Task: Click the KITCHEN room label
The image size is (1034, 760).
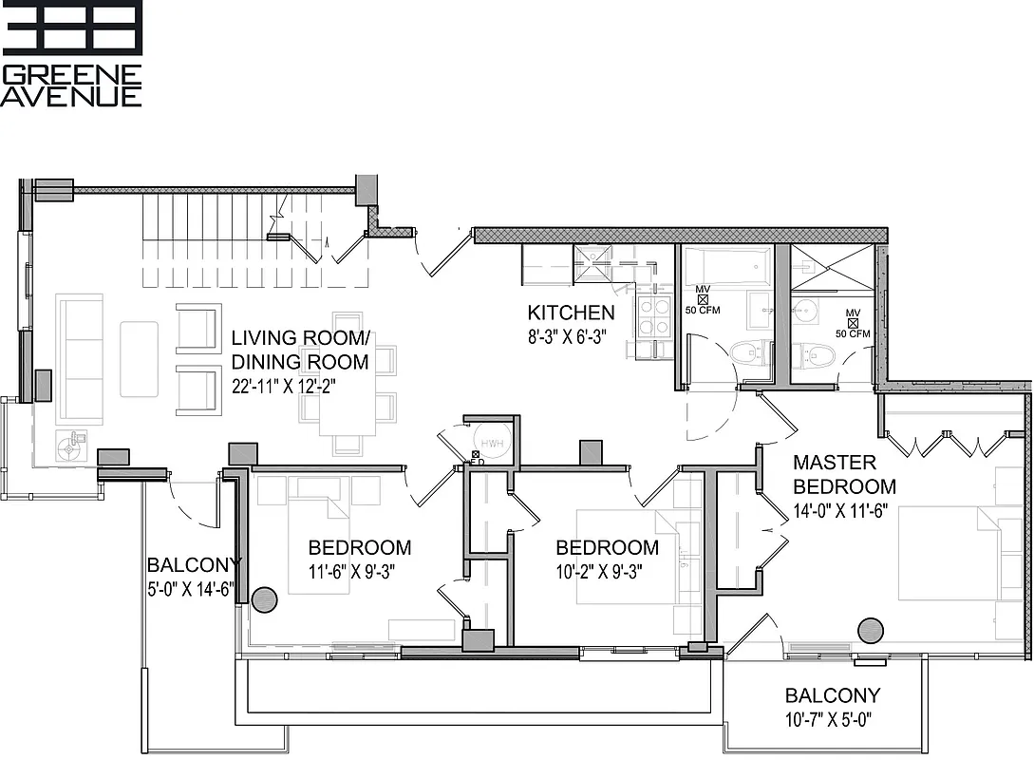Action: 571,313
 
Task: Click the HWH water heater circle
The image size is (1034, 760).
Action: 492,445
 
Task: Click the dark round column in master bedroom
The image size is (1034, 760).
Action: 870,631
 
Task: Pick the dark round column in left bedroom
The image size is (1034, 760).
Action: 264,599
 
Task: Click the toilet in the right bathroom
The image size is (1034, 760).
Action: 817,356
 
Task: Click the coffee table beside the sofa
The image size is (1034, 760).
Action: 139,359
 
